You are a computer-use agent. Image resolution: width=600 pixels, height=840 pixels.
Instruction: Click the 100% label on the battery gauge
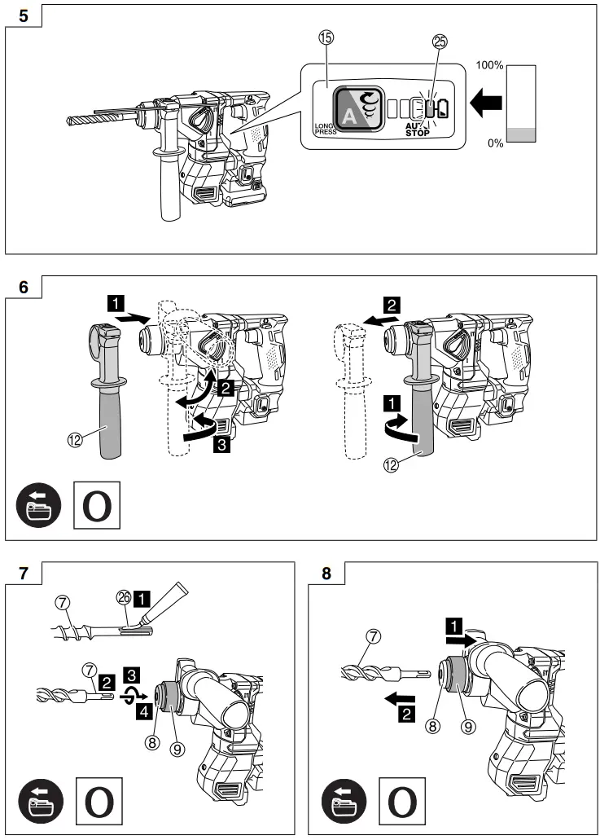tap(490, 64)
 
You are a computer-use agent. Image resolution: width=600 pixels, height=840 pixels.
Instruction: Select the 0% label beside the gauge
tap(494, 143)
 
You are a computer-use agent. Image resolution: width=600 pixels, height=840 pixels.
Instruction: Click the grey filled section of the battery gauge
tap(521, 135)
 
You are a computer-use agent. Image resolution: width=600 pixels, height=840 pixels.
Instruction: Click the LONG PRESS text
tap(325, 128)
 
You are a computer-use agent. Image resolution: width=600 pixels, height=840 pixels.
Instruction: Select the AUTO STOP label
tap(418, 130)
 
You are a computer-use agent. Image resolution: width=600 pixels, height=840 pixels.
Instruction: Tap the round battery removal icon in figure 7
tap(41, 800)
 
